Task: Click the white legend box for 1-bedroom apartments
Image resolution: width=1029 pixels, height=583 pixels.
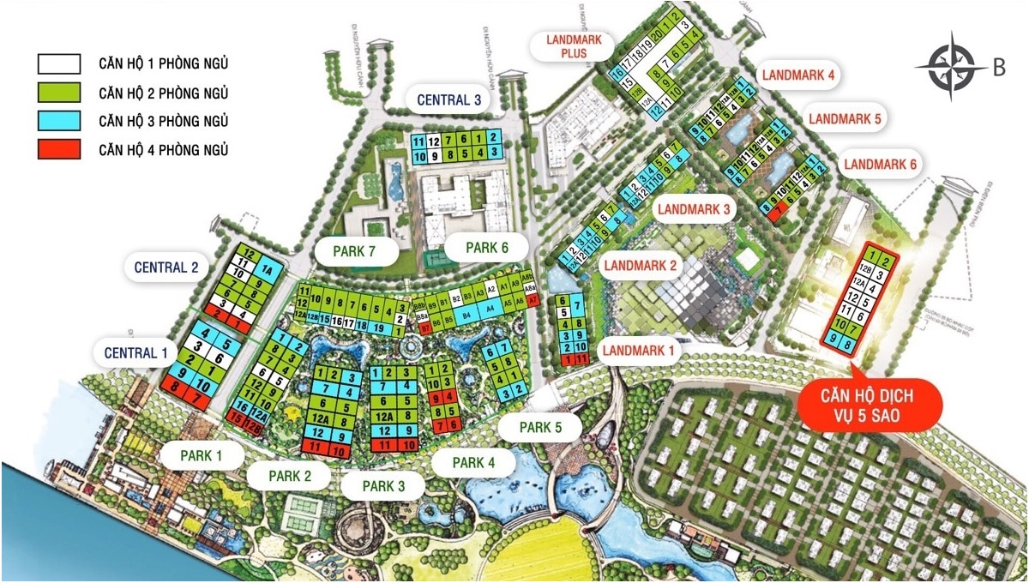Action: [58, 63]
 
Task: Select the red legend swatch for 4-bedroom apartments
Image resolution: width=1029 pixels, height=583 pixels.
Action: [58, 149]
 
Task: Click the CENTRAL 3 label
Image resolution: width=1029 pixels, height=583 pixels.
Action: [449, 99]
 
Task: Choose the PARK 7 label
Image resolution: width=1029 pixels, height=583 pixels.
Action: [357, 252]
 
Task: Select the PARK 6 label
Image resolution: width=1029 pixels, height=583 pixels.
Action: [488, 248]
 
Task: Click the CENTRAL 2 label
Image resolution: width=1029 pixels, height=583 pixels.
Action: [166, 267]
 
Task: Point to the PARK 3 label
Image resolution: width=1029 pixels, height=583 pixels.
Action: [383, 485]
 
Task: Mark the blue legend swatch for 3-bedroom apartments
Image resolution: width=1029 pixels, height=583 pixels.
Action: [58, 121]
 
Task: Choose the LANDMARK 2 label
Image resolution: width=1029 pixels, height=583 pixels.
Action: [641, 266]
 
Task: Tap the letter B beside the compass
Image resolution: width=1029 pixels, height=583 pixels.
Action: [999, 69]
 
